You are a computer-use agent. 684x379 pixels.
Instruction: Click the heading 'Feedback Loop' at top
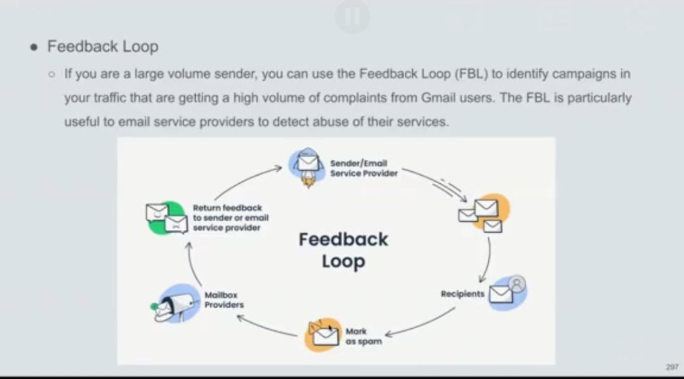(102, 47)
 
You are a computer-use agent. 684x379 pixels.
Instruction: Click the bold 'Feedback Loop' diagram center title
(343, 250)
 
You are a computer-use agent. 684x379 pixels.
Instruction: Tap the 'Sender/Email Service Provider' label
(363, 168)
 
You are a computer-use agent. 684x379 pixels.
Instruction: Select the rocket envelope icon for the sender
(307, 165)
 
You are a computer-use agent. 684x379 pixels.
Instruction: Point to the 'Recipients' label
(462, 294)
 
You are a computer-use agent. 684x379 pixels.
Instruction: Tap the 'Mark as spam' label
(364, 336)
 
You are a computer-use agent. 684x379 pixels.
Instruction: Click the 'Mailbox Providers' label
(224, 300)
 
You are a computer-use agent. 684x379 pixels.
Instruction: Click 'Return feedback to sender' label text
(230, 218)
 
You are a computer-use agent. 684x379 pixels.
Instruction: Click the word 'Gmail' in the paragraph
(438, 98)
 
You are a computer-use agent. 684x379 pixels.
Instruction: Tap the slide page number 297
(671, 368)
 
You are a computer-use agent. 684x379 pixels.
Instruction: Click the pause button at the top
(352, 17)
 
